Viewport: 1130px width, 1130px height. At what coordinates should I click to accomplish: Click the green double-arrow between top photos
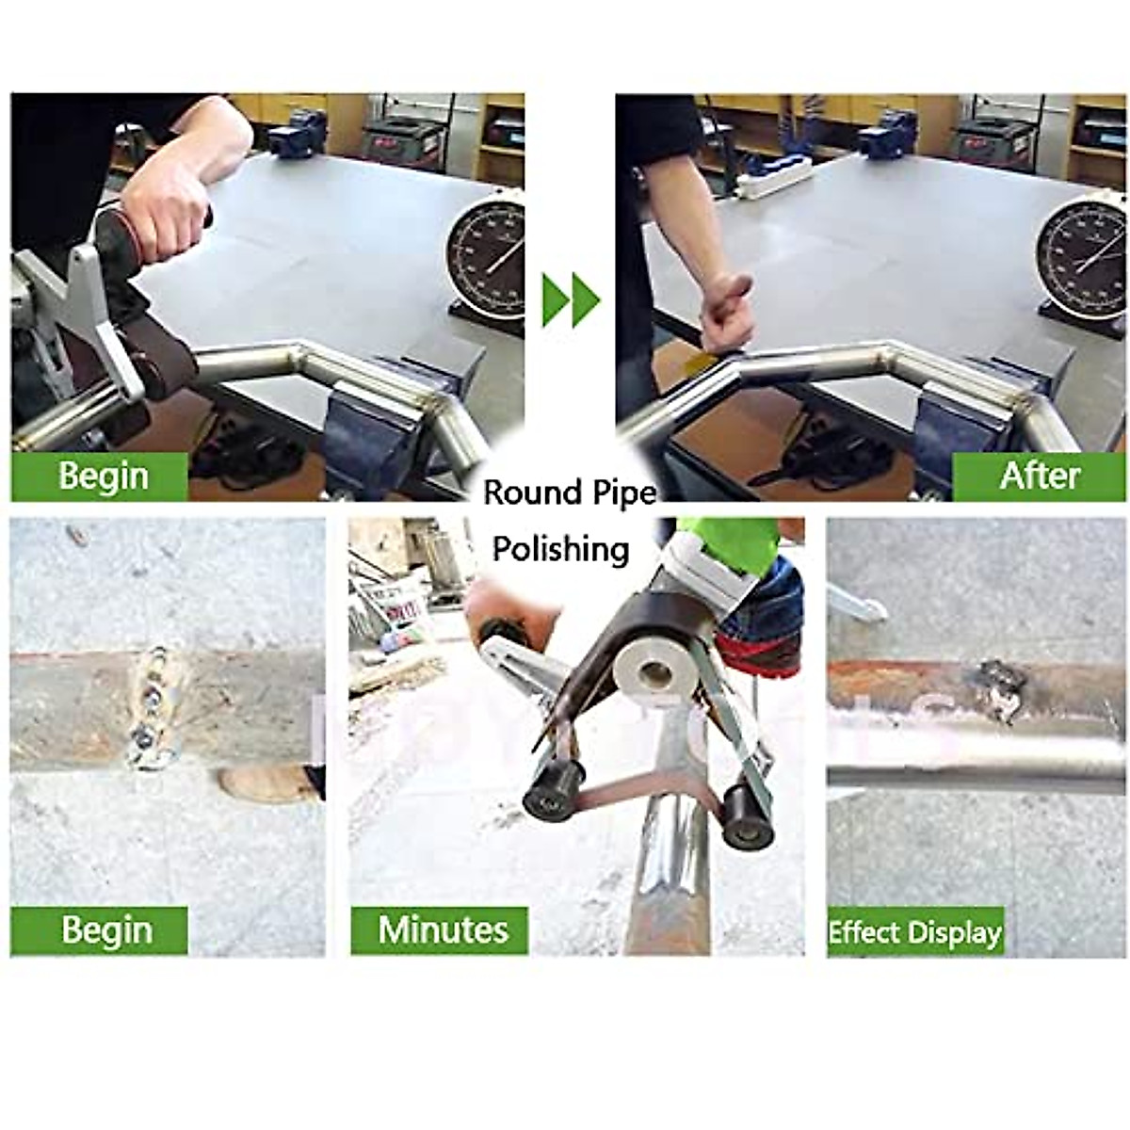click(571, 300)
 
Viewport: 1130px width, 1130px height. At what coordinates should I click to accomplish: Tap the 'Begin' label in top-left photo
click(103, 475)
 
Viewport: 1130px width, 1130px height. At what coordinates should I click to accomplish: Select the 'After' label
click(1039, 475)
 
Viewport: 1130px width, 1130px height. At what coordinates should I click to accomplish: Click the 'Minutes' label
click(442, 929)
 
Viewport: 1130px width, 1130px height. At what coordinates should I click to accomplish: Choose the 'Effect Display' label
click(914, 933)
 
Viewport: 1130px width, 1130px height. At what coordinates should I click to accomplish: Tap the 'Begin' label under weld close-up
click(106, 929)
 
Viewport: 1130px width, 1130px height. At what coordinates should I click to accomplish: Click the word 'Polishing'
click(561, 548)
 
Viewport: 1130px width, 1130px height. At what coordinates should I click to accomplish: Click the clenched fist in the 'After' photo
click(728, 312)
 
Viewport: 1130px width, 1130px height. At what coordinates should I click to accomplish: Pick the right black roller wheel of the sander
click(749, 815)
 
